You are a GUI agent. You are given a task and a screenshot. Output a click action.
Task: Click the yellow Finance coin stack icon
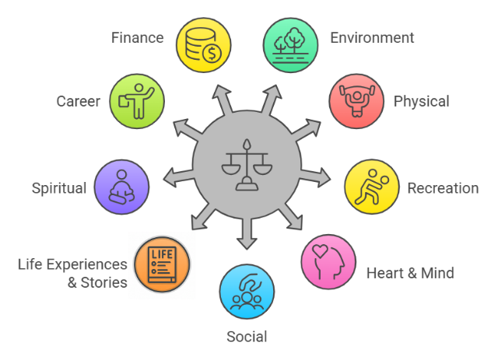204,45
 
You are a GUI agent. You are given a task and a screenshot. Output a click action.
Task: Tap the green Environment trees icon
290,45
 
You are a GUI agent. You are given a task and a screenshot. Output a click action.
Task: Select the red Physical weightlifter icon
356,101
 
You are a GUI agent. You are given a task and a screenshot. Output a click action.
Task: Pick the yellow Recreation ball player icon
372,187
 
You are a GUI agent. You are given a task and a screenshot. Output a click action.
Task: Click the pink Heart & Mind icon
328,261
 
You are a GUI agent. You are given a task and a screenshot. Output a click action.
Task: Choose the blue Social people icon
247,292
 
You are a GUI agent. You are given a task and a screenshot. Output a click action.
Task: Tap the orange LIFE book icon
162,264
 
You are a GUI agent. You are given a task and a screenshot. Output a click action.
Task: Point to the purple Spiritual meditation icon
121,187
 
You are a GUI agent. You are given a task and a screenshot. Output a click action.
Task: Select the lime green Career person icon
137,101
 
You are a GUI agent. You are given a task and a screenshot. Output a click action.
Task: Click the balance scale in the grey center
247,165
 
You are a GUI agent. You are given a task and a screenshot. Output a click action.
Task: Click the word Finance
138,38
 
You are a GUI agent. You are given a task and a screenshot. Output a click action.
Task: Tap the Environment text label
372,38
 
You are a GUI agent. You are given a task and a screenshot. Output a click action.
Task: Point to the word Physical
421,102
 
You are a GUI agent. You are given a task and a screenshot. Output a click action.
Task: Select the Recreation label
443,188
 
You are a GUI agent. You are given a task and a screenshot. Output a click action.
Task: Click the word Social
247,337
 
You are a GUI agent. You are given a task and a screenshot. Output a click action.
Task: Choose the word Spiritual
59,189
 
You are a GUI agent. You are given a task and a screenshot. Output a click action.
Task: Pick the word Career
79,101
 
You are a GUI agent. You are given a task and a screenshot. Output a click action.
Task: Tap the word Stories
104,282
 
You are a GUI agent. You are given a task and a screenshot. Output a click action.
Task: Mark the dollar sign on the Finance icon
212,53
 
